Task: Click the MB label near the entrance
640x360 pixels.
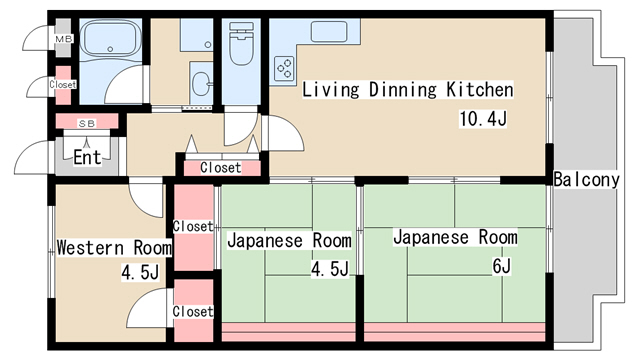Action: click(64, 39)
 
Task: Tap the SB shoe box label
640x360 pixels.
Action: click(87, 123)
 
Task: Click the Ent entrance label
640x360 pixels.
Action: click(87, 157)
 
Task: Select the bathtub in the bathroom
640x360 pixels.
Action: click(110, 38)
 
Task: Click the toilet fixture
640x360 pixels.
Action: click(241, 44)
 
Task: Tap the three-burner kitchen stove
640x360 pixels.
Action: click(284, 68)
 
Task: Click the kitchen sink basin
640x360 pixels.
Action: click(329, 31)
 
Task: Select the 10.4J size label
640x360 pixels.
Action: click(483, 119)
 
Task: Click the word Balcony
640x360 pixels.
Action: click(587, 180)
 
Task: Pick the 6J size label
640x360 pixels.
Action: click(502, 266)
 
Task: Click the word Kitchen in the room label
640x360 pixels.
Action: click(480, 89)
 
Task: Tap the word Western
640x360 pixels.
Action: click(90, 248)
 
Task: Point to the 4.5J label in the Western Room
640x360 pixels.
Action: click(140, 272)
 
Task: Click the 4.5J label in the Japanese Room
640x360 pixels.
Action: click(330, 269)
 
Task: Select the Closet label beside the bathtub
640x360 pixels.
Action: click(63, 84)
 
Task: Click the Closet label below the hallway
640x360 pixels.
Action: click(221, 167)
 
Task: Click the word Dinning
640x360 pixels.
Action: click(402, 90)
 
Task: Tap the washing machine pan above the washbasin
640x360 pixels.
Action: click(197, 35)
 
